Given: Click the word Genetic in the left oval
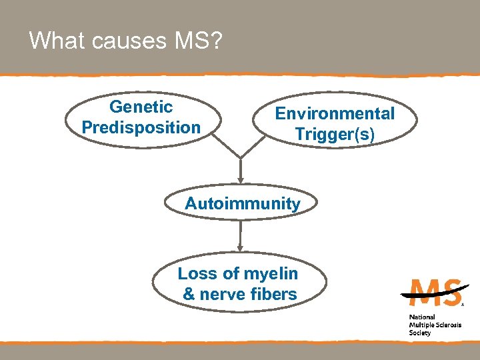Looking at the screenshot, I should (x=141, y=107).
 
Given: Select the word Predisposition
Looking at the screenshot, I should (x=141, y=127).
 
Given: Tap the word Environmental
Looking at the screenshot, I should (x=335, y=113).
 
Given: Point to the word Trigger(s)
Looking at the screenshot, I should (x=335, y=134).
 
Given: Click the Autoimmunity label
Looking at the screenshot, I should (x=243, y=203).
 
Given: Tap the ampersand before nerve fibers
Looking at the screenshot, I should (x=189, y=293).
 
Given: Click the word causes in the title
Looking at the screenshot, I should (x=127, y=41).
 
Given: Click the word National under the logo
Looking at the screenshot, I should (x=422, y=317).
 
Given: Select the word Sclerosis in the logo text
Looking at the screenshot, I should (x=446, y=325).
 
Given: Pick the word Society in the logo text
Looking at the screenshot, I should (x=420, y=333).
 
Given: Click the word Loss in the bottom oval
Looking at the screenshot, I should (x=194, y=273).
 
